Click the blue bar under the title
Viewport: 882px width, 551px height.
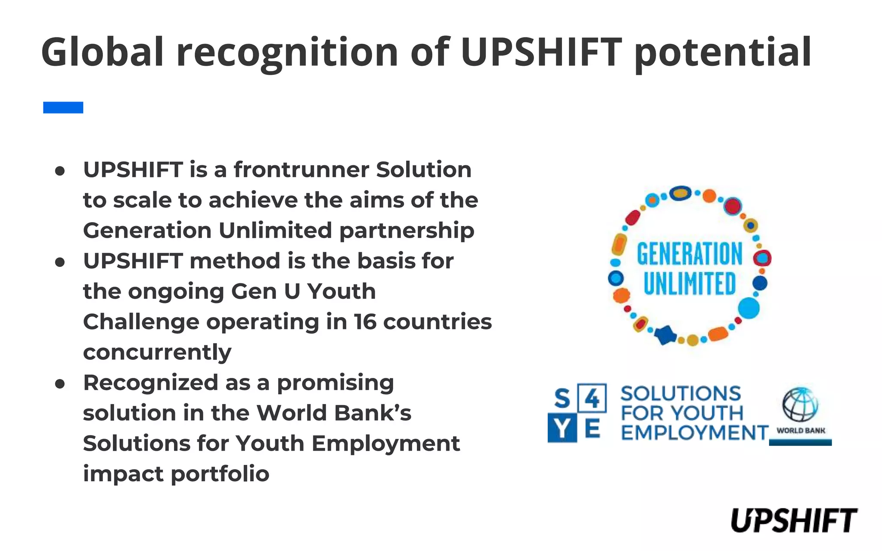63,107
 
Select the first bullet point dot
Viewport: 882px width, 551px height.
60,171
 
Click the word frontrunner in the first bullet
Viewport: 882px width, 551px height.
301,170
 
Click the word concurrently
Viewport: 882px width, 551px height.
157,352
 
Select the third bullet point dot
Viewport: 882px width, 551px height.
60,384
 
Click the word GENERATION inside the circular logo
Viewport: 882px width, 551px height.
689,254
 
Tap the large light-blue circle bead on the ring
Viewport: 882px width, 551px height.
748,308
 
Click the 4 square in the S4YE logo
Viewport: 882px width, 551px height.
592,399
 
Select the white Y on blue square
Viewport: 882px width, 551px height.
562,429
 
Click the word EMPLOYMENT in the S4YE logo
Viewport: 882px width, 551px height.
694,433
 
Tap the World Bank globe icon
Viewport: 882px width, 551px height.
800,405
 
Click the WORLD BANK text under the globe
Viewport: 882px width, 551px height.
800,430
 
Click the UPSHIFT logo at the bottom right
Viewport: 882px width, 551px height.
794,520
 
